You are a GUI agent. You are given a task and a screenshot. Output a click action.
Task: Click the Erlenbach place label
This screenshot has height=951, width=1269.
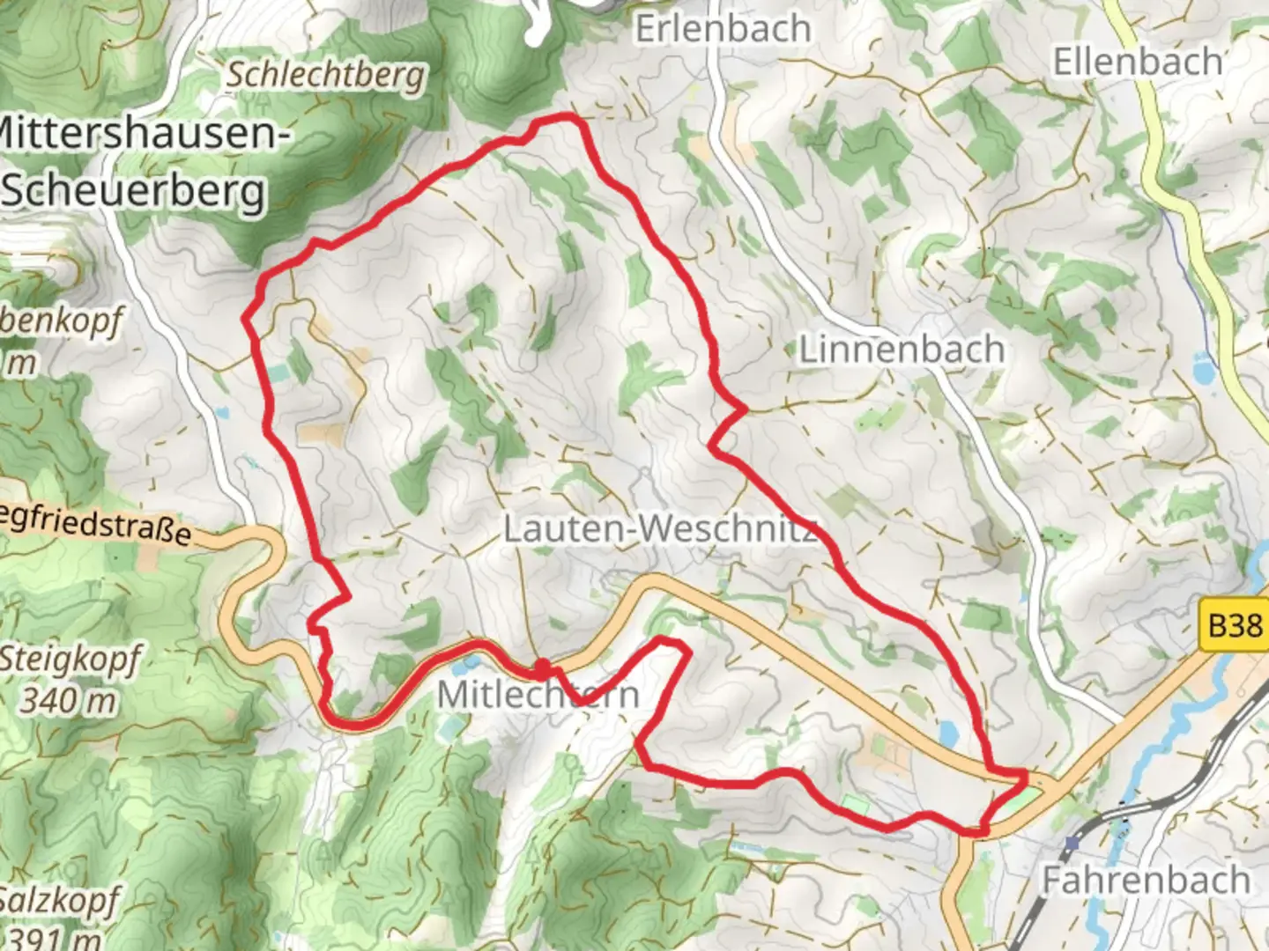[x=723, y=28]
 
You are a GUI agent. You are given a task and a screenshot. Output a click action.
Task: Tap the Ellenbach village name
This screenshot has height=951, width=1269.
[x=1138, y=63]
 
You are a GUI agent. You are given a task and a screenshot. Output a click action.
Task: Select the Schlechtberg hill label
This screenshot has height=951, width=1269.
[x=326, y=75]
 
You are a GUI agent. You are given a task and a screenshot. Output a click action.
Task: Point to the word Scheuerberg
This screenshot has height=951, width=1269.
[x=134, y=191]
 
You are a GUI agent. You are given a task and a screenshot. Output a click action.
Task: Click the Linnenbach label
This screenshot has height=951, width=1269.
[x=902, y=350]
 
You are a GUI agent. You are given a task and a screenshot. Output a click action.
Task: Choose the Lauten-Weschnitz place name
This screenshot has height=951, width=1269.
[x=660, y=529]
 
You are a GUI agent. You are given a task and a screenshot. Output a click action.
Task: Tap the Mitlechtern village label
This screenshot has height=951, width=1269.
[x=538, y=694]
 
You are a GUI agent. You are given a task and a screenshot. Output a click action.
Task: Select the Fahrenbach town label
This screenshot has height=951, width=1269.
[x=1146, y=879]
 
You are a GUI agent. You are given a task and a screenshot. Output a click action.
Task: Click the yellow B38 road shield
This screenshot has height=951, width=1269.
[x=1234, y=625]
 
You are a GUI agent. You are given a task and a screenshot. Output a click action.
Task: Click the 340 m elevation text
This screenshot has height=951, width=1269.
[x=69, y=701]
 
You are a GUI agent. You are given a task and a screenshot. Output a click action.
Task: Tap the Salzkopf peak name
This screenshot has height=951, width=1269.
[x=58, y=900]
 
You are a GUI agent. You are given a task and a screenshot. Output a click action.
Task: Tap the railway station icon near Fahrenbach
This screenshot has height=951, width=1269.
[x=1072, y=843]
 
